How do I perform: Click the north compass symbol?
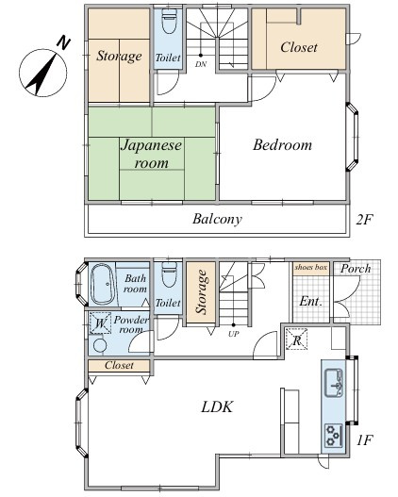[x=43, y=73]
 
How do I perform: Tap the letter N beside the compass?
[x=63, y=43]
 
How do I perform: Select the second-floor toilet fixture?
[x=169, y=22]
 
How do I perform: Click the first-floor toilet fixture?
[x=169, y=274]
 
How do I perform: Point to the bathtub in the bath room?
[x=102, y=284]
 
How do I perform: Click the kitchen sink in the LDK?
[x=334, y=383]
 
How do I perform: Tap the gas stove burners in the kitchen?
[x=334, y=435]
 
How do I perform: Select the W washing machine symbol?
[x=100, y=323]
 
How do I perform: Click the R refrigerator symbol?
[x=296, y=340]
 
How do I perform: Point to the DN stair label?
[x=201, y=64]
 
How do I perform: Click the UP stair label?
[x=234, y=334]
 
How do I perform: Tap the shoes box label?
[x=311, y=267]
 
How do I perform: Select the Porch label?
[x=356, y=269]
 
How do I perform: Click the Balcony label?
[x=217, y=219]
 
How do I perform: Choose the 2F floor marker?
[x=364, y=220]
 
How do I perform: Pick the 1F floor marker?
[x=364, y=440]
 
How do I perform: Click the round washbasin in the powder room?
[x=100, y=345]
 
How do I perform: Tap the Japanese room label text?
[x=152, y=155]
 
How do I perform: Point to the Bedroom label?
[x=282, y=145]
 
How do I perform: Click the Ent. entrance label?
[x=311, y=301]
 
